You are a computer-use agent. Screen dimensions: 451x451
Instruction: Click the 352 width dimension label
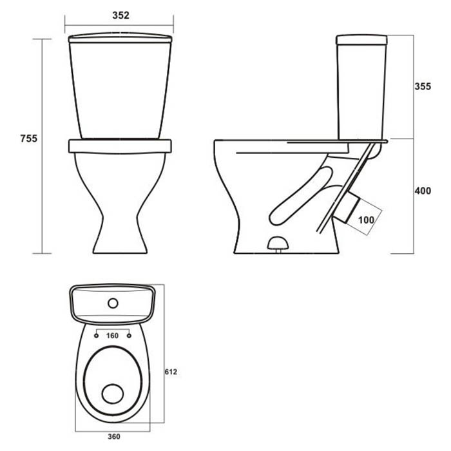121,15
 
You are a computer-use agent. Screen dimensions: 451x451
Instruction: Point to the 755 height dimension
29,139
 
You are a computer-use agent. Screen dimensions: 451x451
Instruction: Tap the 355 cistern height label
423,86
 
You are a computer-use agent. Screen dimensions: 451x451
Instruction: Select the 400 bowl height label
423,191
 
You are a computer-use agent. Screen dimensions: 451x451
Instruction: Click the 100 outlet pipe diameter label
366,220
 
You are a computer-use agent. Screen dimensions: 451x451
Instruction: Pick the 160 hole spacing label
112,336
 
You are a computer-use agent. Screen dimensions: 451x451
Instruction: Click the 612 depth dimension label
171,372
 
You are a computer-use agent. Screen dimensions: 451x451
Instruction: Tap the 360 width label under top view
114,437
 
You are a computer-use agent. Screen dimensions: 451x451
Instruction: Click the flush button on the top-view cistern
113,303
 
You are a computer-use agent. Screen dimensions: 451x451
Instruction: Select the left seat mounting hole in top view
97,336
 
